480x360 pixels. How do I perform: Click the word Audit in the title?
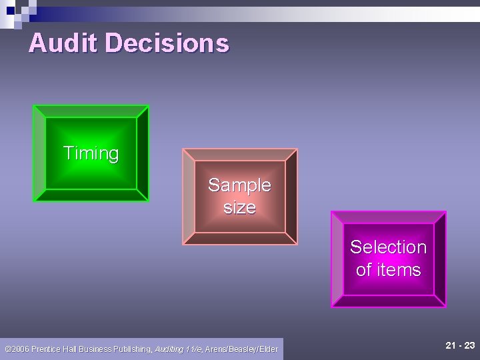[x=63, y=43]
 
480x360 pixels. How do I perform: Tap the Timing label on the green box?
[x=91, y=153]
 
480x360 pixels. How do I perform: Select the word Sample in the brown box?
[x=239, y=185]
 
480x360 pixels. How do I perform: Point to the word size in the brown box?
[x=239, y=207]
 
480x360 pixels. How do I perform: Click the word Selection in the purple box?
[x=388, y=247]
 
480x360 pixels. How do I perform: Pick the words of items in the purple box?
[x=388, y=270]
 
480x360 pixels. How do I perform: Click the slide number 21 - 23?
[x=460, y=345]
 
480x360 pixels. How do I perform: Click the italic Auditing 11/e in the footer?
[x=178, y=349]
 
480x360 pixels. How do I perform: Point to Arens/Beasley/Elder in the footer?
[x=241, y=349]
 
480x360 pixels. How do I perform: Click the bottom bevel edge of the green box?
[x=91, y=195]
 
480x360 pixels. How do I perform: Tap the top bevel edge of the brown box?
[x=240, y=155]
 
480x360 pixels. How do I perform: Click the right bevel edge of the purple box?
[x=440, y=259]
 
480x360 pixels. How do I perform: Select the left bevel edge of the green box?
[x=39, y=153]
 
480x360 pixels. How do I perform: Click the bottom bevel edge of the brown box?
[x=240, y=239]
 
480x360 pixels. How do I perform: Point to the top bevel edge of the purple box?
[x=389, y=217]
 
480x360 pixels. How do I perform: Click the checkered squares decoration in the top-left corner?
[x=19, y=12]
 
